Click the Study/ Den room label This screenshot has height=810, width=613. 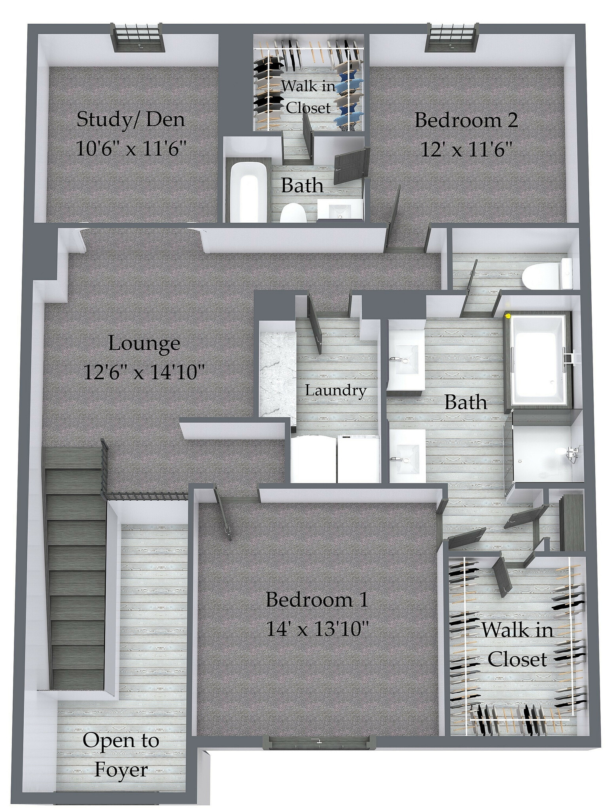pyautogui.click(x=131, y=119)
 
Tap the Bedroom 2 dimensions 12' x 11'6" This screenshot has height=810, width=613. pyautogui.click(x=466, y=150)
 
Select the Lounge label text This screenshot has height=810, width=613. pyautogui.click(x=144, y=343)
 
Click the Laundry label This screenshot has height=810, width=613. pyautogui.click(x=336, y=391)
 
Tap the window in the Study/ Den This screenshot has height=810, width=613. pyautogui.click(x=138, y=38)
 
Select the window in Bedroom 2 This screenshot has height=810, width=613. pyautogui.click(x=452, y=38)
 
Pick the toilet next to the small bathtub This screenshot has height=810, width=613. pyautogui.click(x=293, y=214)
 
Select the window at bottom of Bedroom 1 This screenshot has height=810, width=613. pyautogui.click(x=317, y=742)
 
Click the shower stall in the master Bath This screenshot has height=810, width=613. pyautogui.click(x=546, y=453)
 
